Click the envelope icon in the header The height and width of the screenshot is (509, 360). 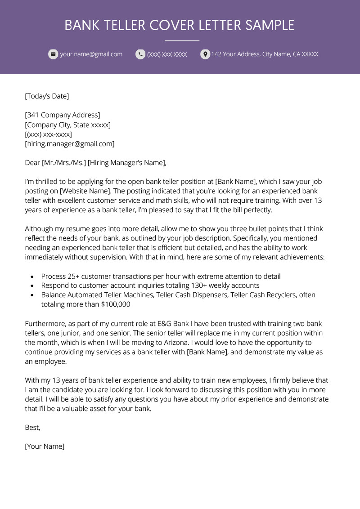tap(53, 54)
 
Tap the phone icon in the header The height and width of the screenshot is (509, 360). tap(140, 54)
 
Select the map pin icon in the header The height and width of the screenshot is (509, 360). tap(205, 54)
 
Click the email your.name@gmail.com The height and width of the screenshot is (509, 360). tap(91, 54)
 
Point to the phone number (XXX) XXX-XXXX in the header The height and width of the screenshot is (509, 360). tap(167, 54)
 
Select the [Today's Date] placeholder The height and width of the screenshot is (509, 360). tap(47, 96)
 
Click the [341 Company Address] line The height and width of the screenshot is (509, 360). tap(63, 115)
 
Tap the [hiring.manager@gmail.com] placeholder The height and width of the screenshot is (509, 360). tap(70, 144)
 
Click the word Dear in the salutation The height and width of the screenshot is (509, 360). tap(32, 163)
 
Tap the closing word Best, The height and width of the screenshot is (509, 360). tap(32, 428)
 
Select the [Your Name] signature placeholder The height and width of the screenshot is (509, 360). tap(45, 446)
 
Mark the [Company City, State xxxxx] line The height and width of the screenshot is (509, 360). tap(67, 125)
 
